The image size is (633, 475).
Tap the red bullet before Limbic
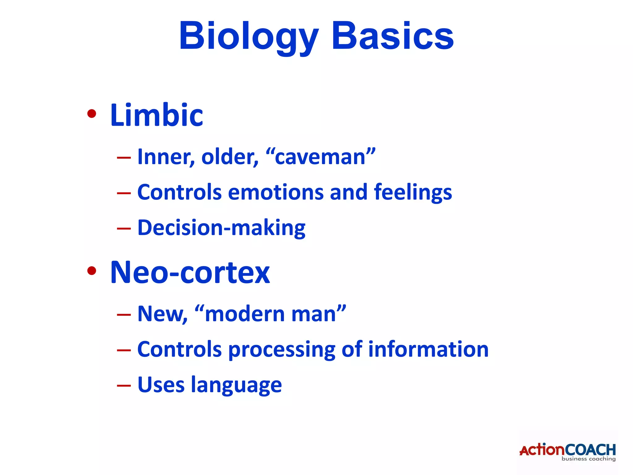tap(91, 114)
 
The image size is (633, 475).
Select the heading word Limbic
tap(156, 115)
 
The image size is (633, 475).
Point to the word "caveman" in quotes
tap(320, 156)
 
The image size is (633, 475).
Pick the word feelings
tap(413, 193)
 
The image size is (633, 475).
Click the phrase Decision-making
tap(221, 228)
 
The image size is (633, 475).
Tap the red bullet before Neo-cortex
tap(91, 271)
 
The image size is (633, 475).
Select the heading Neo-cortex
tap(190, 272)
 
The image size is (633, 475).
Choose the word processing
tap(282, 350)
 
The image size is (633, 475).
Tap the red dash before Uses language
tap(124, 386)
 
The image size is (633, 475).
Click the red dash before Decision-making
tap(124, 229)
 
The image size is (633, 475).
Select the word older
tap(229, 157)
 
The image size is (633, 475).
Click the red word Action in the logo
tap(542, 450)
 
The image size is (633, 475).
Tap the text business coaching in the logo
tap(588, 459)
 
